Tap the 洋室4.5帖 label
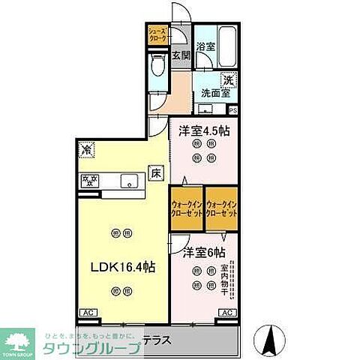203,130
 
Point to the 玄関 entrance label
181,55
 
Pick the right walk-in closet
222,208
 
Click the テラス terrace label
194,338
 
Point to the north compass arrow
267,340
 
